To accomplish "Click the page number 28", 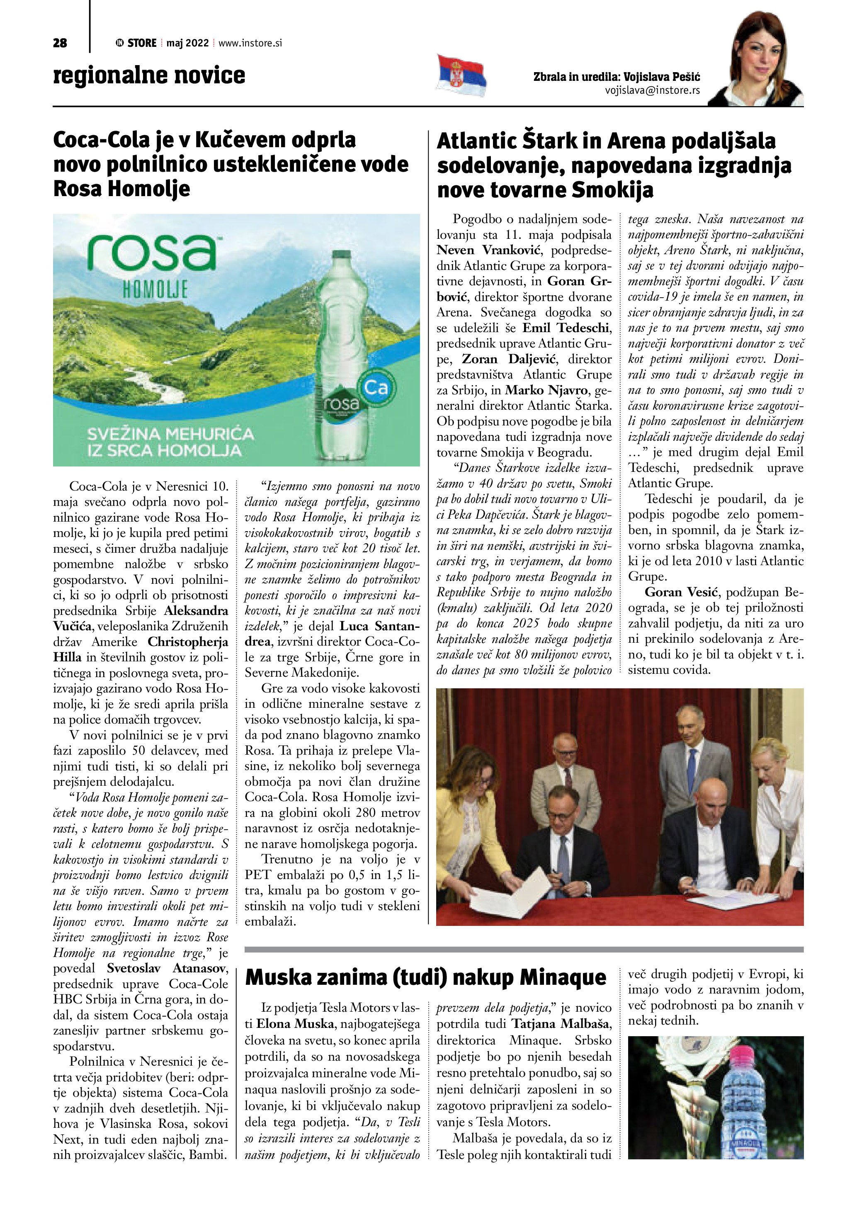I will (60, 43).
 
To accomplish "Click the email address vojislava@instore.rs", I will (652, 90).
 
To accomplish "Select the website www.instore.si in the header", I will (250, 43).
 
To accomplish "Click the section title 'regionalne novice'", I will (149, 75).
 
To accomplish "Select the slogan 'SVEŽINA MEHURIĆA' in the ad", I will (170, 435).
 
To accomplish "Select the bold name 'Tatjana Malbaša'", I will (561, 1024).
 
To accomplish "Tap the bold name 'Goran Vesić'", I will (679, 592).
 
